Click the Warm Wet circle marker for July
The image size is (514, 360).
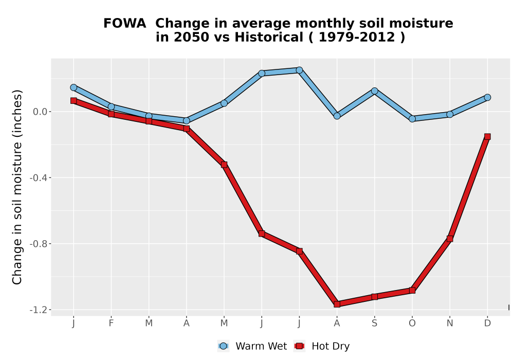tap(299, 70)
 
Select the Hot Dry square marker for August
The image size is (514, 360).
tap(337, 304)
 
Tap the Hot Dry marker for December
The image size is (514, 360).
tap(487, 136)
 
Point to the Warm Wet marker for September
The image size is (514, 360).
tap(374, 91)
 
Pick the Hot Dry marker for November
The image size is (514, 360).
tap(449, 238)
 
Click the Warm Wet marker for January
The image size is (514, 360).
tap(74, 87)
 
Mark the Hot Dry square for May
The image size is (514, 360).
tap(224, 164)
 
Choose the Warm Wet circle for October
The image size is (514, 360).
tap(412, 118)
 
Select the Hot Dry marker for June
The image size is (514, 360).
tap(261, 233)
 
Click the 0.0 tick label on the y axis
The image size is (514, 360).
tap(40, 112)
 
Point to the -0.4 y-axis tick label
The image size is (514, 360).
tap(39, 178)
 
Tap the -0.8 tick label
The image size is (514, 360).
tap(39, 244)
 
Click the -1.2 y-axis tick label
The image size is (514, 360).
tap(39, 310)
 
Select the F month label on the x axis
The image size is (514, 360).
tap(111, 323)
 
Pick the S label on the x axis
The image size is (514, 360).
tap(374, 323)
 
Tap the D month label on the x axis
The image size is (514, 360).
tap(487, 323)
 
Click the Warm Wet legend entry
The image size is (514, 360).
tap(252, 346)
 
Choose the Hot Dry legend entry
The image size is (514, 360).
tap(322, 346)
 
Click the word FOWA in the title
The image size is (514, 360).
tap(124, 23)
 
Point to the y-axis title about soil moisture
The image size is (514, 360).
tap(17, 187)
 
